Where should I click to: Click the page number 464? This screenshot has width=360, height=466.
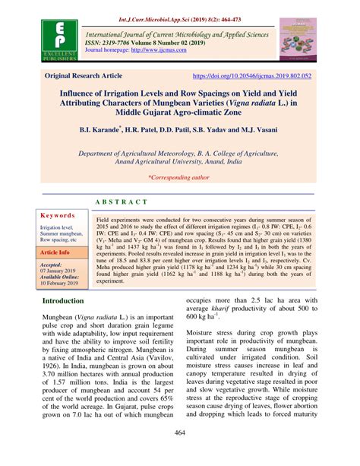coord(180,455)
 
